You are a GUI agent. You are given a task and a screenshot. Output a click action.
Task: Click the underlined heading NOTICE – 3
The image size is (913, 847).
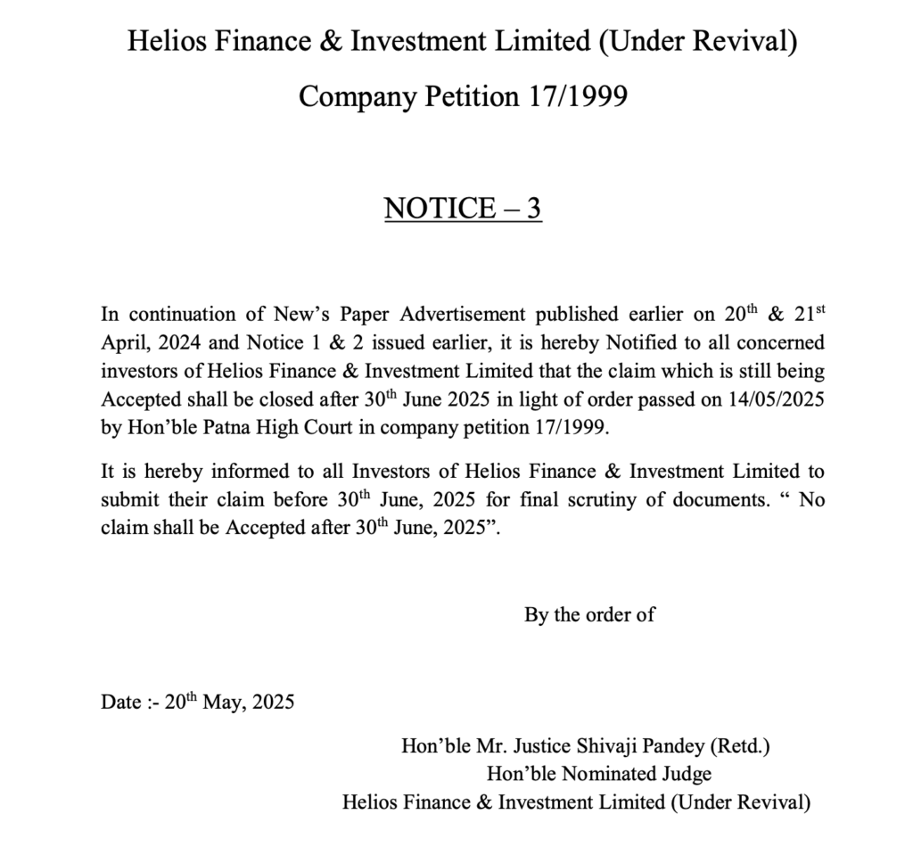point(463,208)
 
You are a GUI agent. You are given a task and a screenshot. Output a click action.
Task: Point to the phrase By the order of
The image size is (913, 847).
point(589,615)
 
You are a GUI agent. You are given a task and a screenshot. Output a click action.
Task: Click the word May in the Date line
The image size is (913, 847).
point(223,702)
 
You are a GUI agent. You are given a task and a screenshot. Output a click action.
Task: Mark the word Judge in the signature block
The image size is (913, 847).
point(686,773)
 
